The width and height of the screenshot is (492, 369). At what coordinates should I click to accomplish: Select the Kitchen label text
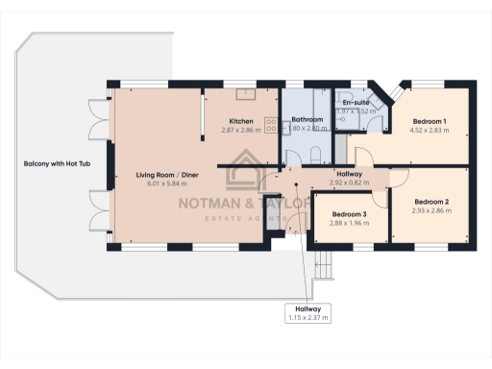pyautogui.click(x=241, y=121)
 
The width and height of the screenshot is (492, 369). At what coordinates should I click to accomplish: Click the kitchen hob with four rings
pyautogui.click(x=270, y=124)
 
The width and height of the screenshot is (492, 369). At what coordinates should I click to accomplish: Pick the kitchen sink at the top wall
pyautogui.click(x=244, y=93)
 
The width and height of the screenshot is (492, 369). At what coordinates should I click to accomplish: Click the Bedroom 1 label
pyautogui.click(x=429, y=121)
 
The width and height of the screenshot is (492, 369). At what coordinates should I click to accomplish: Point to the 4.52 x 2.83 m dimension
pyautogui.click(x=429, y=130)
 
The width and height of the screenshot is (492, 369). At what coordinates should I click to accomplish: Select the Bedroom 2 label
pyautogui.click(x=430, y=203)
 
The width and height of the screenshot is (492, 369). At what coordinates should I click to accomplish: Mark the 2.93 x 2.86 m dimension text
pyautogui.click(x=430, y=211)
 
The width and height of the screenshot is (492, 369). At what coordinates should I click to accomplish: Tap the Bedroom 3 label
pyautogui.click(x=349, y=214)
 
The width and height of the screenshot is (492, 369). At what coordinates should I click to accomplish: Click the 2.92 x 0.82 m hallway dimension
pyautogui.click(x=349, y=181)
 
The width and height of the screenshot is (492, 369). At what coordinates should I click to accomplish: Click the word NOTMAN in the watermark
pyautogui.click(x=213, y=204)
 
